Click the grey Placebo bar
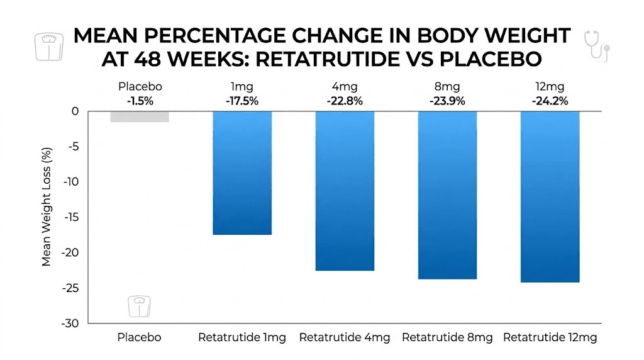139,116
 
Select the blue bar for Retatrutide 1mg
242,173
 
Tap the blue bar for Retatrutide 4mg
345,191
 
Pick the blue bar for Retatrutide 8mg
447,195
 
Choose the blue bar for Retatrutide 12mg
550,196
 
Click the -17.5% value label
242,100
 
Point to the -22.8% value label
345,100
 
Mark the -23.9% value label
447,100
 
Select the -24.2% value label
550,100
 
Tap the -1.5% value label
139,100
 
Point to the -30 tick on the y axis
70,323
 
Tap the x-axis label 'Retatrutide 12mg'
550,338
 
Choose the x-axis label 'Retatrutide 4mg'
345,338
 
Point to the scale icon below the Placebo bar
138,307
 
